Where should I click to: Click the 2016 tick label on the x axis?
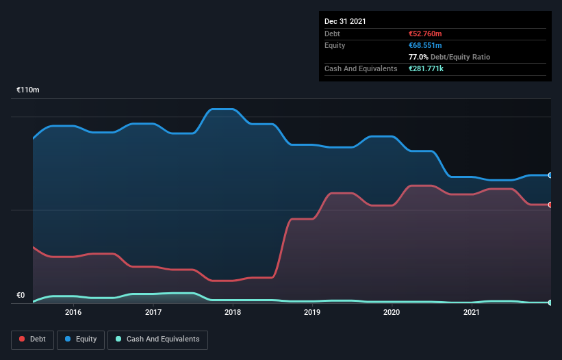coord(73,312)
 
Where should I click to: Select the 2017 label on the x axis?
coord(153,312)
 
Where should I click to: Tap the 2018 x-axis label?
coord(233,312)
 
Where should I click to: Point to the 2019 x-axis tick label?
coord(312,312)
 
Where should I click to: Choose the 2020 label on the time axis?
coord(392,312)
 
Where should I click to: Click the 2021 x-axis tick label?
coord(471,312)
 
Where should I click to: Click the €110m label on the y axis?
coord(28,90)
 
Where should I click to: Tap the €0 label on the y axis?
coord(21,296)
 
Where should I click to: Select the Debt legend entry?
coord(32,339)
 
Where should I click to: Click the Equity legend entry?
coord(81,339)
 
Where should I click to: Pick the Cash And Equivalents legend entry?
coord(157,339)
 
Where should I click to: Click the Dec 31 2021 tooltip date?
coord(345,21)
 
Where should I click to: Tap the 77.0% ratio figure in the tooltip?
coord(418,57)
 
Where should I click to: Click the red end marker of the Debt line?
coord(550,205)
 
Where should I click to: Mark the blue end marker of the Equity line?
coord(550,175)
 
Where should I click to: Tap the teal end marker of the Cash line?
coord(550,303)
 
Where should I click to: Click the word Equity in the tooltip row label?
coord(335,45)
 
